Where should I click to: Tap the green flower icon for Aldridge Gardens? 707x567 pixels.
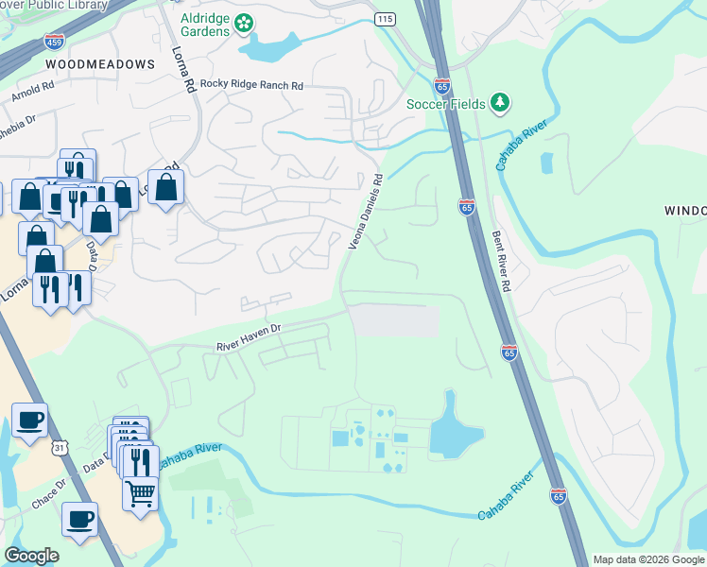tap(244, 22)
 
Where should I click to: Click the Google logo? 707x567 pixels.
tap(31, 555)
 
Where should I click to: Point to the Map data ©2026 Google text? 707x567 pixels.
tap(648, 559)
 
